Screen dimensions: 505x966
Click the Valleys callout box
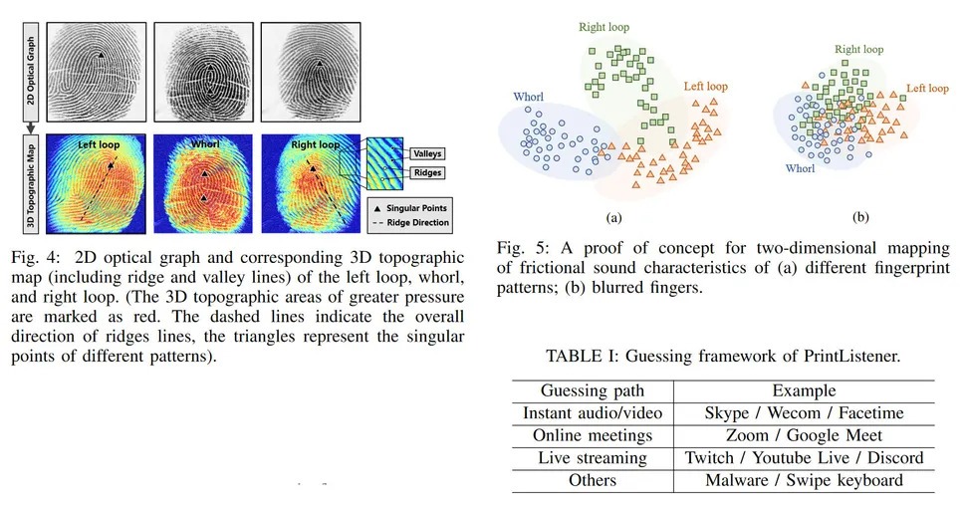[x=425, y=153]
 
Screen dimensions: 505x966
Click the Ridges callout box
[x=424, y=172]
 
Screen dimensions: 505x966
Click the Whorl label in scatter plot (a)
[x=528, y=97]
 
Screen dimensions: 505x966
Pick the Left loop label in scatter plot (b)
[x=927, y=89]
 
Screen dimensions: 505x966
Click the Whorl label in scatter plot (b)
[x=799, y=169]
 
